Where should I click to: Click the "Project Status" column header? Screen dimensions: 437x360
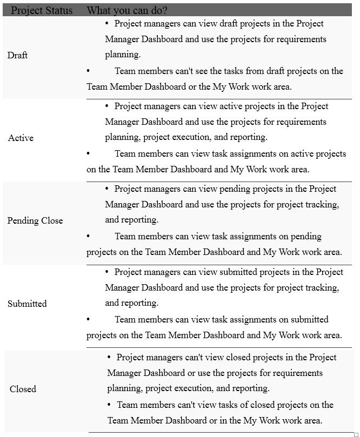[x=42, y=10]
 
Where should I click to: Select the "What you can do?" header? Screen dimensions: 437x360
[x=126, y=10]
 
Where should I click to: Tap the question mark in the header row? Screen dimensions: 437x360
[x=164, y=10]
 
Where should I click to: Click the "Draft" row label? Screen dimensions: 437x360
[x=18, y=55]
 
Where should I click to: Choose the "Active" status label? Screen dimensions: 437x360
[x=21, y=138]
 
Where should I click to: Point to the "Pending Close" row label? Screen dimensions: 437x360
[x=35, y=220]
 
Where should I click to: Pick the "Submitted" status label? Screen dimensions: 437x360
[x=27, y=304]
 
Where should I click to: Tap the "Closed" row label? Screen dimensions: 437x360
[x=23, y=389]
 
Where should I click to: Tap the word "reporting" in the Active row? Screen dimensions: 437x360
[x=248, y=137]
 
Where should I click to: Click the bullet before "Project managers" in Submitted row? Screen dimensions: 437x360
[x=106, y=271]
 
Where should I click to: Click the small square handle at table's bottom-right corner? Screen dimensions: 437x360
[x=356, y=434]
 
